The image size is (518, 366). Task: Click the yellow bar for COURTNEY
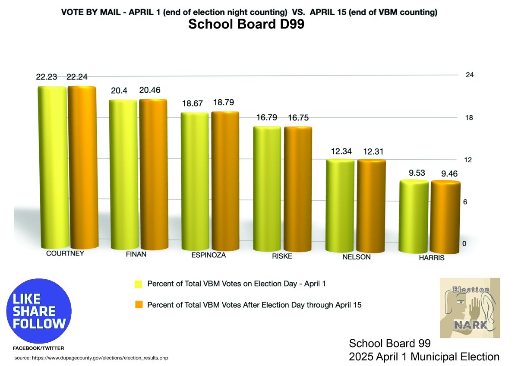(52, 166)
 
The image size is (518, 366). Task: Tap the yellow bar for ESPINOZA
(195, 181)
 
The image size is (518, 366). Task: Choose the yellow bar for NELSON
(340, 205)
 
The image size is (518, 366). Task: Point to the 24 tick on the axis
(470, 75)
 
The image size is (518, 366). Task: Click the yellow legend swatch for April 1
(138, 284)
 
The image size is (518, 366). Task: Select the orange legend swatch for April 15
(138, 305)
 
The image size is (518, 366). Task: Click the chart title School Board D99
(246, 25)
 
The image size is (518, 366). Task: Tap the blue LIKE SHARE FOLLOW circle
(39, 311)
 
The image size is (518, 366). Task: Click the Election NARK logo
(470, 308)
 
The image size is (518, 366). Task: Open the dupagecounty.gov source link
(91, 358)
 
